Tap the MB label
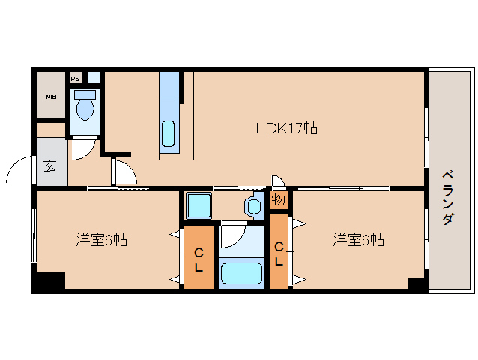pos(51,97)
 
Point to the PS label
pos(75,77)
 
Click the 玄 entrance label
pos(49,166)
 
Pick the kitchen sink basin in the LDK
pos(169,133)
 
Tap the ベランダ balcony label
pos(447,197)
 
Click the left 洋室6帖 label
pos(100,240)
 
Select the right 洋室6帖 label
pos(359,240)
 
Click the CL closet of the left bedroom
pos(199,256)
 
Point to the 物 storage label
pos(278,200)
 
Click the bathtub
pos(240,273)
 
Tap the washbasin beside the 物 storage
pos(252,205)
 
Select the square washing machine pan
pos(199,205)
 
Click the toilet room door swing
pos(82,148)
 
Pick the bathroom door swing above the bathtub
pos(232,234)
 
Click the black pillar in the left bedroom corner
pos(49,281)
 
